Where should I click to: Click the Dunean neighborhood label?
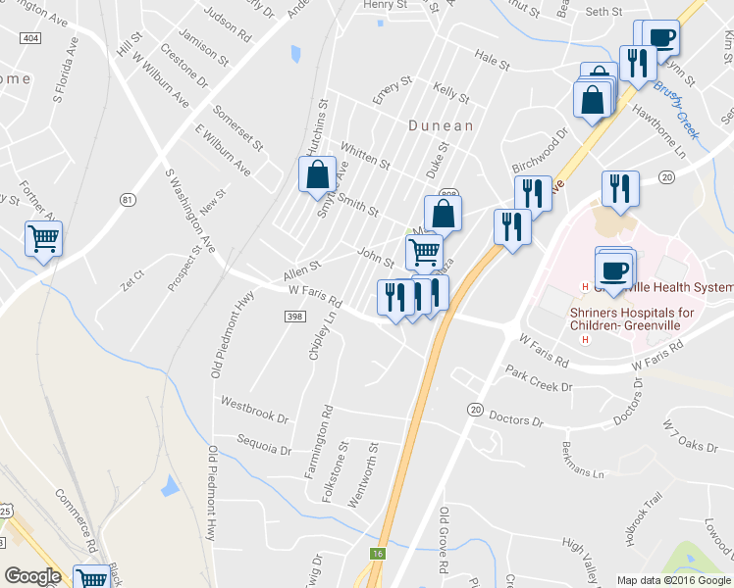442,125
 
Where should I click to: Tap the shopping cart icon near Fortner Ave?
44,237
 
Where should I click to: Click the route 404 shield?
30,38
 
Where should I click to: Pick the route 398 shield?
295,316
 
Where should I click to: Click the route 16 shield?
377,554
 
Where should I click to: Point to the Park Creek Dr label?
538,379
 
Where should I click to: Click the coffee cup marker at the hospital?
614,269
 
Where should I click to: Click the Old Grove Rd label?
444,540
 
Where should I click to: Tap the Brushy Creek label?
676,109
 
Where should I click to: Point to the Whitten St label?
365,155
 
